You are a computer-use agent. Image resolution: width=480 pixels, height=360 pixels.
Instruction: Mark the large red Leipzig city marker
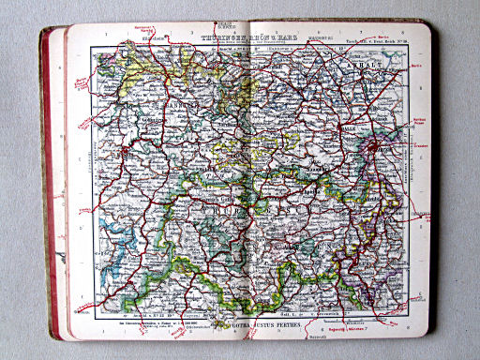[x=376, y=147]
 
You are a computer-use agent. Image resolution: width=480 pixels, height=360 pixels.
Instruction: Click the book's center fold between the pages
[x=247, y=187]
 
